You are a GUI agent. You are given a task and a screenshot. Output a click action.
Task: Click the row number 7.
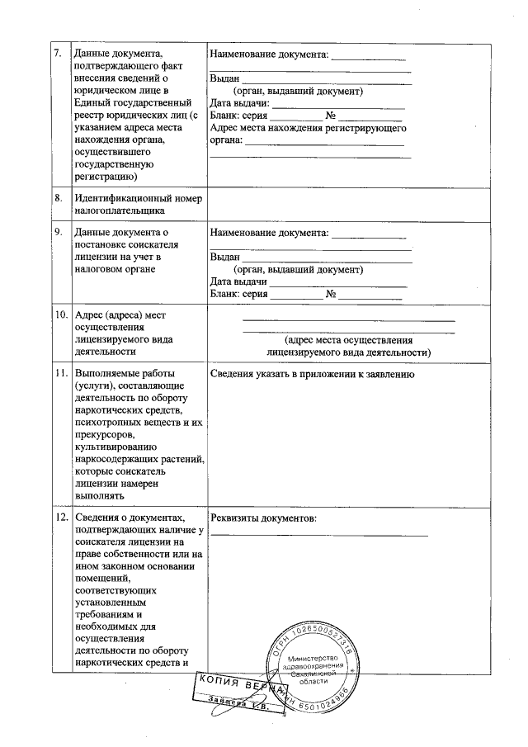coord(58,55)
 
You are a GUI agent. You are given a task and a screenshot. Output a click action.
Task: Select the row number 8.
coord(58,199)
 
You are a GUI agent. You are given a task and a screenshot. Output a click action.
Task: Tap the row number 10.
coord(60,315)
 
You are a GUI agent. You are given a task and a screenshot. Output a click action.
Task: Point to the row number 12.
coord(60,518)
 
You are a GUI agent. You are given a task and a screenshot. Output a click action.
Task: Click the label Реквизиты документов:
coord(264,518)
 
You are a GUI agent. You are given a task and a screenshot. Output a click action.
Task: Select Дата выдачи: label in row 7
coord(240,103)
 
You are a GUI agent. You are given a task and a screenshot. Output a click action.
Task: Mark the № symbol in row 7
coord(332,116)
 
